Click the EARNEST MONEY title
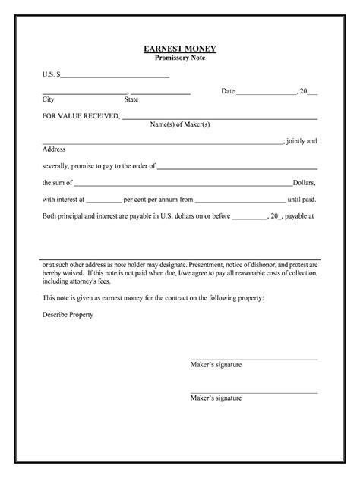[180, 49]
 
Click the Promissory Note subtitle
[180, 58]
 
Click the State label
[131, 99]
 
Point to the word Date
[228, 91]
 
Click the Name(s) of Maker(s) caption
[179, 124]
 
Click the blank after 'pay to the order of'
[237, 167]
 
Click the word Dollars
[305, 183]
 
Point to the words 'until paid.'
[302, 200]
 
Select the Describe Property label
[68, 314]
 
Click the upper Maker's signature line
[253, 358]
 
